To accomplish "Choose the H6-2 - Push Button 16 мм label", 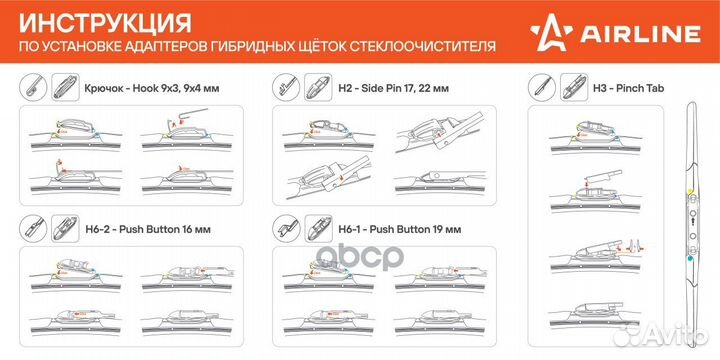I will pos(144,229).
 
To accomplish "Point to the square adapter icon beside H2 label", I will pos(318,87).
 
